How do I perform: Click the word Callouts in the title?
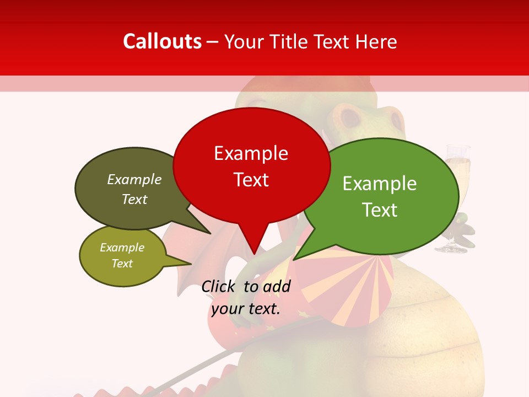click(x=162, y=41)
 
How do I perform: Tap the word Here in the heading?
click(x=376, y=41)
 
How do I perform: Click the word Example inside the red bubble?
click(x=251, y=153)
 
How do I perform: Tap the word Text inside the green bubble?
click(x=380, y=210)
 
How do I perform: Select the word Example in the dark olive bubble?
click(x=134, y=180)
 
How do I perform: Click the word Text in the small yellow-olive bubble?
click(x=122, y=264)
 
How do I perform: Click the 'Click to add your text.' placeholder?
click(x=246, y=298)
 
